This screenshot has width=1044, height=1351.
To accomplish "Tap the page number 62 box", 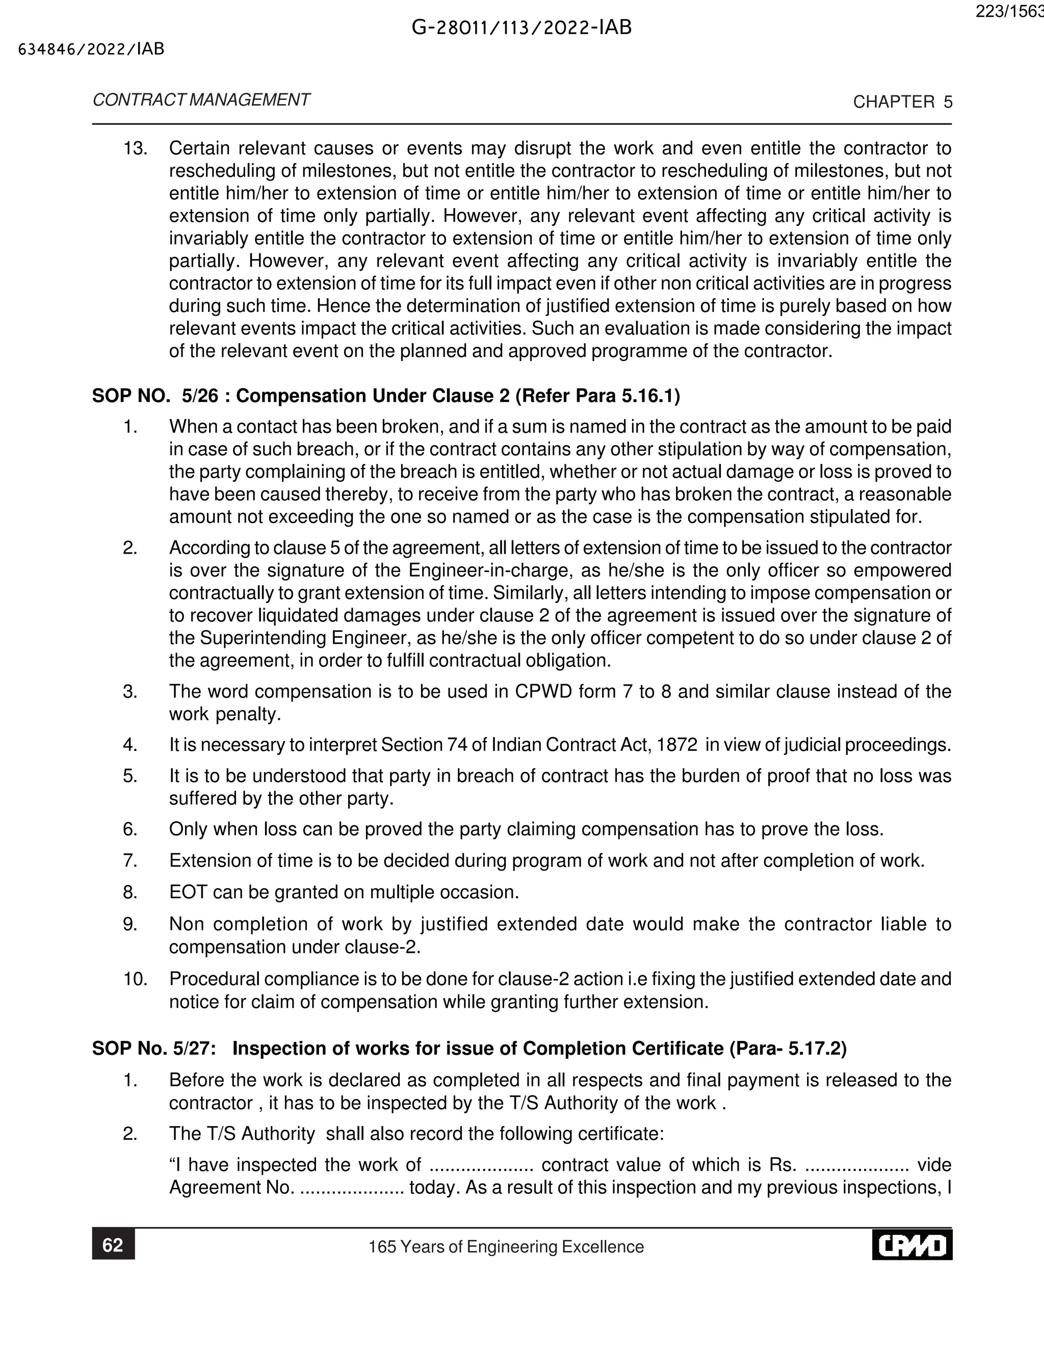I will click(113, 1245).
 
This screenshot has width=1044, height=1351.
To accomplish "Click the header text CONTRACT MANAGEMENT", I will click(201, 100).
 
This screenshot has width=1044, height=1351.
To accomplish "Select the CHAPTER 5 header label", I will click(902, 102).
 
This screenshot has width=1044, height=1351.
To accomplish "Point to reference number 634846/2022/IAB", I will click(92, 49).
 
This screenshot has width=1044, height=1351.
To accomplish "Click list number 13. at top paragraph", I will click(136, 148).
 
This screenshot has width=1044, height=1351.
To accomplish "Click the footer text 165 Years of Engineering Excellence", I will click(506, 1246).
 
